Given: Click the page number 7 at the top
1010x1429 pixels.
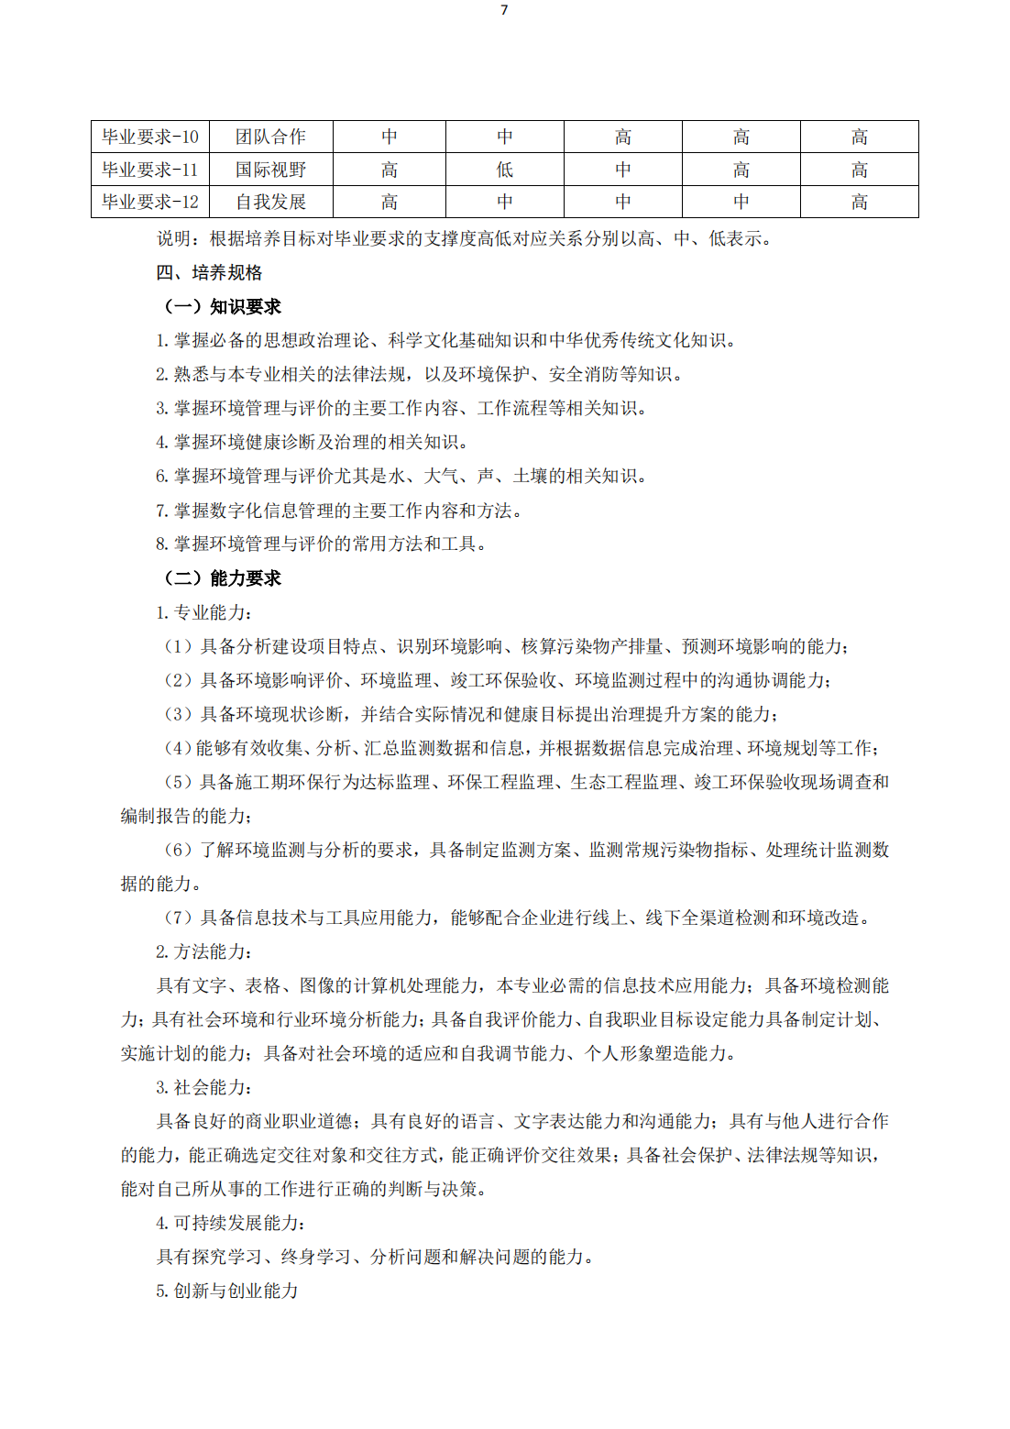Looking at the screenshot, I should click(504, 10).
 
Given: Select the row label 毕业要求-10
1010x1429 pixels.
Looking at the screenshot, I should click(150, 137).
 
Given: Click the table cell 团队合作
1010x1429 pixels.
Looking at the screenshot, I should click(270, 137).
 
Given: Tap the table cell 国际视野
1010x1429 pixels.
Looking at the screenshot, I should click(270, 170).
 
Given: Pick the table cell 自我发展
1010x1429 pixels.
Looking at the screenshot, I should click(270, 202).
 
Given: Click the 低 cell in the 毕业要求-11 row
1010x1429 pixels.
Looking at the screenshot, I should click(505, 170).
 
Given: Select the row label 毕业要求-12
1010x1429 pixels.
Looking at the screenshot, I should click(150, 202).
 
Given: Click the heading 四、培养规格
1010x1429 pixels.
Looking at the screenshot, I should click(209, 272).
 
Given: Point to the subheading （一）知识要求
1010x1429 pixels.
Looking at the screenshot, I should click(222, 306).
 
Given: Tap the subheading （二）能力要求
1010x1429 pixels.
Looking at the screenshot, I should click(222, 577).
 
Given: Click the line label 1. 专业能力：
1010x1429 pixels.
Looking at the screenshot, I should click(204, 612).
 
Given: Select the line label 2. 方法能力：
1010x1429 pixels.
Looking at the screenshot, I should click(204, 951).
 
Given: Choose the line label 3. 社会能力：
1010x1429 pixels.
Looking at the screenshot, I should click(204, 1087).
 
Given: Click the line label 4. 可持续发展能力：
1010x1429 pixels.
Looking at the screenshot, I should click(231, 1223).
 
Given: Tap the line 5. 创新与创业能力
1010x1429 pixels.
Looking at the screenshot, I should click(227, 1291).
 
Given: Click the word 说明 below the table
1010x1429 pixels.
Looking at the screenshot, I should click(174, 238).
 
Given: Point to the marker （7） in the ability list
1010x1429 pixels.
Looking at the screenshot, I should click(179, 918).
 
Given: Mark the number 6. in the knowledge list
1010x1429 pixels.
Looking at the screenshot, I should click(161, 476).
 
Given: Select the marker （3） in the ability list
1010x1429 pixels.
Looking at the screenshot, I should click(179, 714).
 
